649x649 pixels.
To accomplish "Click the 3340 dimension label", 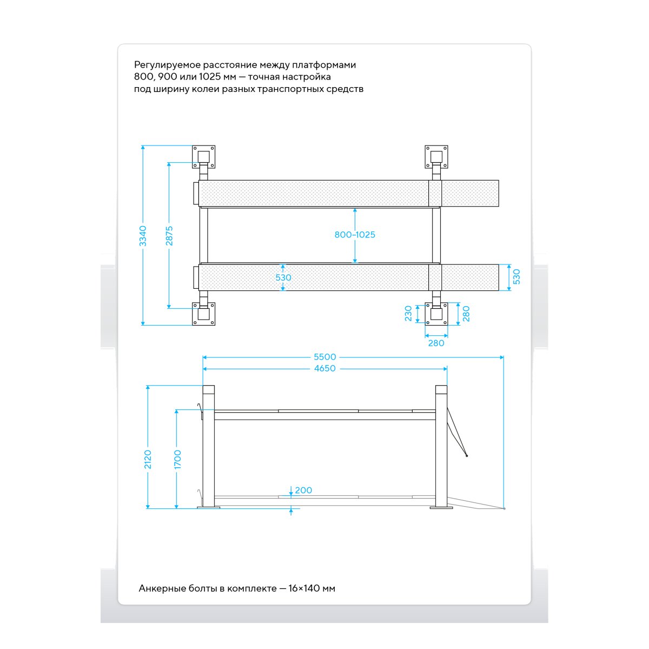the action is tap(143, 236).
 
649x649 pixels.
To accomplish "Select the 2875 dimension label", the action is tap(169, 236).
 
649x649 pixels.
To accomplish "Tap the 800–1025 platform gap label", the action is tap(355, 235).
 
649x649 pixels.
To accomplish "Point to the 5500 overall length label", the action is tap(325, 357).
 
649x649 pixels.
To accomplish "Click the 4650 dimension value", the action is tap(325, 368).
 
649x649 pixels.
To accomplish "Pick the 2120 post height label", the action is tap(148, 459).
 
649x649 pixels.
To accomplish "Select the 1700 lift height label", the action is tap(177, 459).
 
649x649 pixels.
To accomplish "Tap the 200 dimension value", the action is tap(303, 491).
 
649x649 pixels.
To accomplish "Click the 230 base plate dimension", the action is tap(408, 314).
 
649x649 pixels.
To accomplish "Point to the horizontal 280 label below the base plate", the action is tap(436, 343).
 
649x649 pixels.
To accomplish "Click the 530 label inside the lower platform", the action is tap(283, 277).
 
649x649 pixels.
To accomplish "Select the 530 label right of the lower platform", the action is tap(516, 277).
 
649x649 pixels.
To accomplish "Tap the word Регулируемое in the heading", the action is tap(167, 65).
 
